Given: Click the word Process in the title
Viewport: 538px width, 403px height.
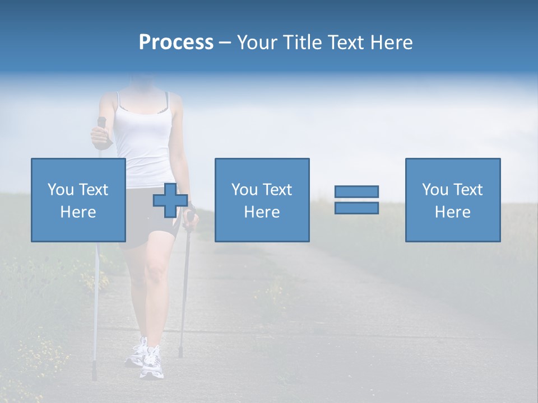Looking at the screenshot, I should click(x=176, y=43).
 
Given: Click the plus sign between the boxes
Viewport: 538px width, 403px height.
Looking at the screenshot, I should click(x=170, y=200).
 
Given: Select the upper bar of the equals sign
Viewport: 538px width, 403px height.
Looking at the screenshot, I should click(x=356, y=191).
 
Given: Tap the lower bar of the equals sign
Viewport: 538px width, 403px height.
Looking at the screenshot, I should click(x=356, y=208).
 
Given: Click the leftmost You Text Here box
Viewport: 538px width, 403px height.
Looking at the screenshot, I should click(x=78, y=200).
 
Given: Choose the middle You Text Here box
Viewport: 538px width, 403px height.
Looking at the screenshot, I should click(x=262, y=200).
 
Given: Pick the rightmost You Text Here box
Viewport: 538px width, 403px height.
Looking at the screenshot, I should click(x=452, y=200).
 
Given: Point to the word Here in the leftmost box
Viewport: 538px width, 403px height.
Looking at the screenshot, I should click(x=78, y=212).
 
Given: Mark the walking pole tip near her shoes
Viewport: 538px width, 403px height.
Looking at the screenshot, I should click(x=180, y=353).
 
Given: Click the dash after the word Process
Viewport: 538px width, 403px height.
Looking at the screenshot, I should click(x=225, y=43).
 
